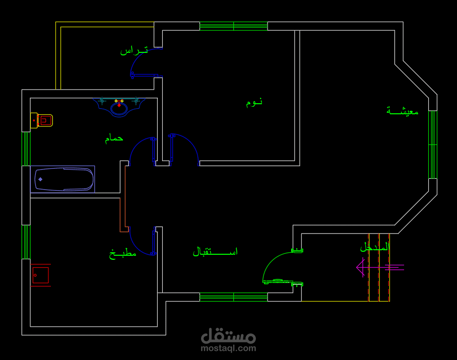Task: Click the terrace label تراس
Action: click(x=134, y=50)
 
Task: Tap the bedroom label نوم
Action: click(x=254, y=102)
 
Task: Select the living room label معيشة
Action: click(x=403, y=111)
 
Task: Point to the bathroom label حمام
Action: click(x=114, y=138)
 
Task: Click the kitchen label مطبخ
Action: click(x=123, y=253)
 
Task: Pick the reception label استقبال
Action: click(x=215, y=251)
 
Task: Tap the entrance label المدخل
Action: click(x=375, y=247)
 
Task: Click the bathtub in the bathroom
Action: click(x=63, y=179)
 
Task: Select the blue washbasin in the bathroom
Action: click(x=119, y=106)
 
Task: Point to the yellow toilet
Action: click(x=42, y=120)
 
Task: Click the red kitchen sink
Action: click(x=40, y=275)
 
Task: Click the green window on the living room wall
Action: click(x=432, y=145)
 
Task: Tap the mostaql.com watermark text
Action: click(x=228, y=348)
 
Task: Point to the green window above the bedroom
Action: click(x=233, y=26)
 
